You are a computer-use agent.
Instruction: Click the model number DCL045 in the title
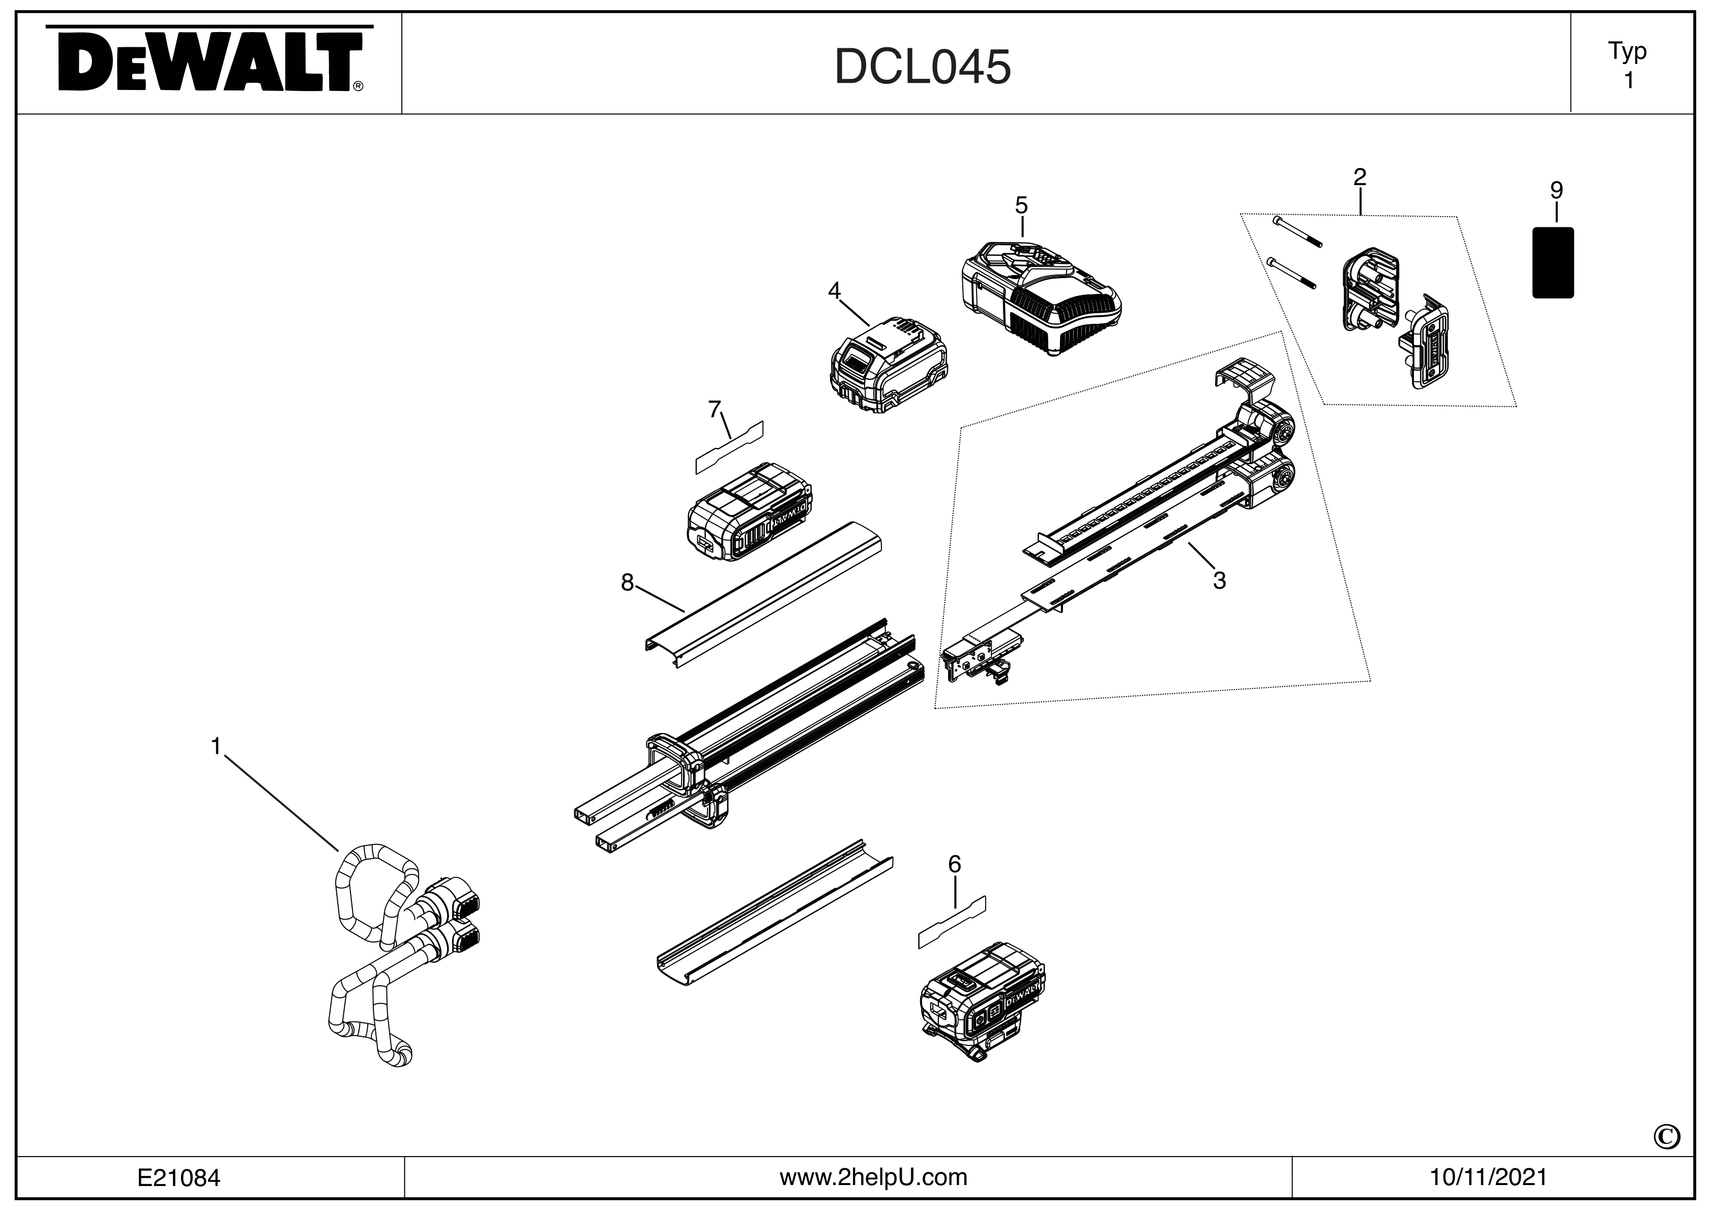pyautogui.click(x=922, y=67)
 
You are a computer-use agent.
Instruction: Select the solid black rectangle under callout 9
pyautogui.click(x=1553, y=262)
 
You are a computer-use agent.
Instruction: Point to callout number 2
pyautogui.click(x=1360, y=177)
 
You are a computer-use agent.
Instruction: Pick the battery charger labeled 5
pyautogui.click(x=1039, y=297)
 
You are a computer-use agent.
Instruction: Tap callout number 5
pyautogui.click(x=1021, y=204)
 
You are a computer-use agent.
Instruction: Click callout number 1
pyautogui.click(x=216, y=746)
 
